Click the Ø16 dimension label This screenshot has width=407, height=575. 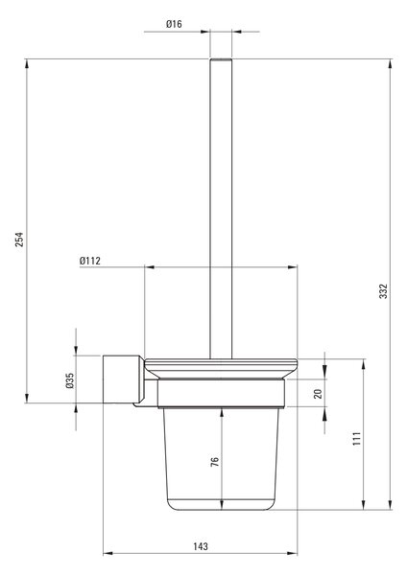[174, 24]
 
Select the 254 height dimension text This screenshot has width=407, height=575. [19, 239]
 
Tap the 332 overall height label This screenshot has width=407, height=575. [383, 290]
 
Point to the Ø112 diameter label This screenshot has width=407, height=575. [90, 261]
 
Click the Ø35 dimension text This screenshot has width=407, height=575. [69, 380]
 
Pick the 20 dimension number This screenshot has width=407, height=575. [318, 394]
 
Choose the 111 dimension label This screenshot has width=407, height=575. [357, 439]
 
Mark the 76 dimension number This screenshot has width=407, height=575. [215, 461]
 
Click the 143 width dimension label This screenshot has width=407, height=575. [201, 546]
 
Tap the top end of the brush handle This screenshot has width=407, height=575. [221, 59]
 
